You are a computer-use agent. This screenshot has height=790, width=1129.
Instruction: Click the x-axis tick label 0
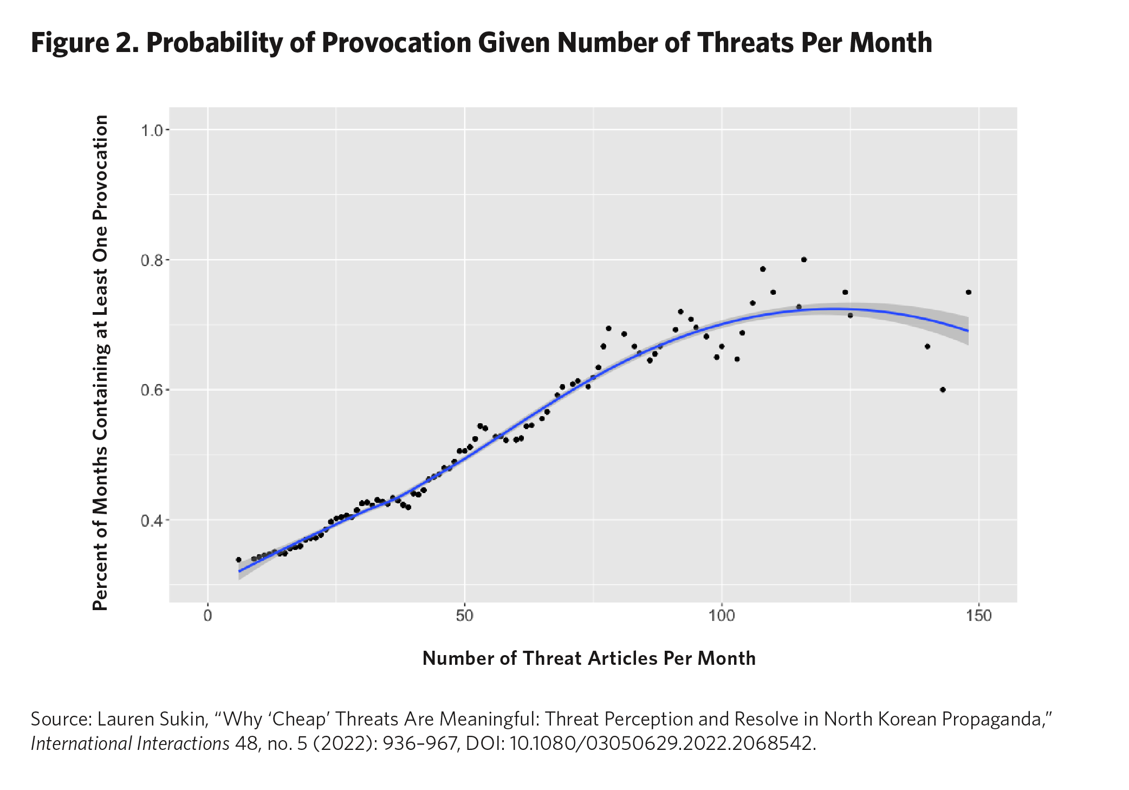(207, 616)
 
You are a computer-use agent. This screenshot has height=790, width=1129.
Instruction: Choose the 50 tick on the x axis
(464, 616)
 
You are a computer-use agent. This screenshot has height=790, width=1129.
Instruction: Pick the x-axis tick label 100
(721, 616)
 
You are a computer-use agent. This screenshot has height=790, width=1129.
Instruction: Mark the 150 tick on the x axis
(978, 616)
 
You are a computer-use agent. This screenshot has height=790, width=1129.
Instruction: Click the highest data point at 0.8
(804, 260)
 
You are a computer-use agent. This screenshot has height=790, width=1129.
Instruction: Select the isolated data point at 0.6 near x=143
(943, 390)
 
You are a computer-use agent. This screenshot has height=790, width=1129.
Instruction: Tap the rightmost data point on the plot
(969, 292)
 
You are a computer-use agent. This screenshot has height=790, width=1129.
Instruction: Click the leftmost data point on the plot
(238, 559)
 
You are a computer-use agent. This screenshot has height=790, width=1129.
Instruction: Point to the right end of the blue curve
(968, 331)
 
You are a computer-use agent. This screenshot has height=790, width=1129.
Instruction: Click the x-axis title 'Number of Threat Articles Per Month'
(589, 658)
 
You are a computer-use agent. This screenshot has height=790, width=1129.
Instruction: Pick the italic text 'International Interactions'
(130, 743)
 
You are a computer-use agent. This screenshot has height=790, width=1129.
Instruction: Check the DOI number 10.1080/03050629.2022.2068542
(662, 743)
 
